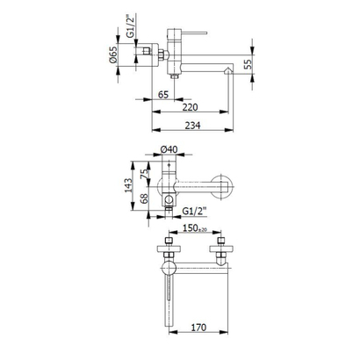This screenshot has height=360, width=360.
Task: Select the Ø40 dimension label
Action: click(x=172, y=153)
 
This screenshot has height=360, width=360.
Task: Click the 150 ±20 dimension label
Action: click(x=194, y=230)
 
